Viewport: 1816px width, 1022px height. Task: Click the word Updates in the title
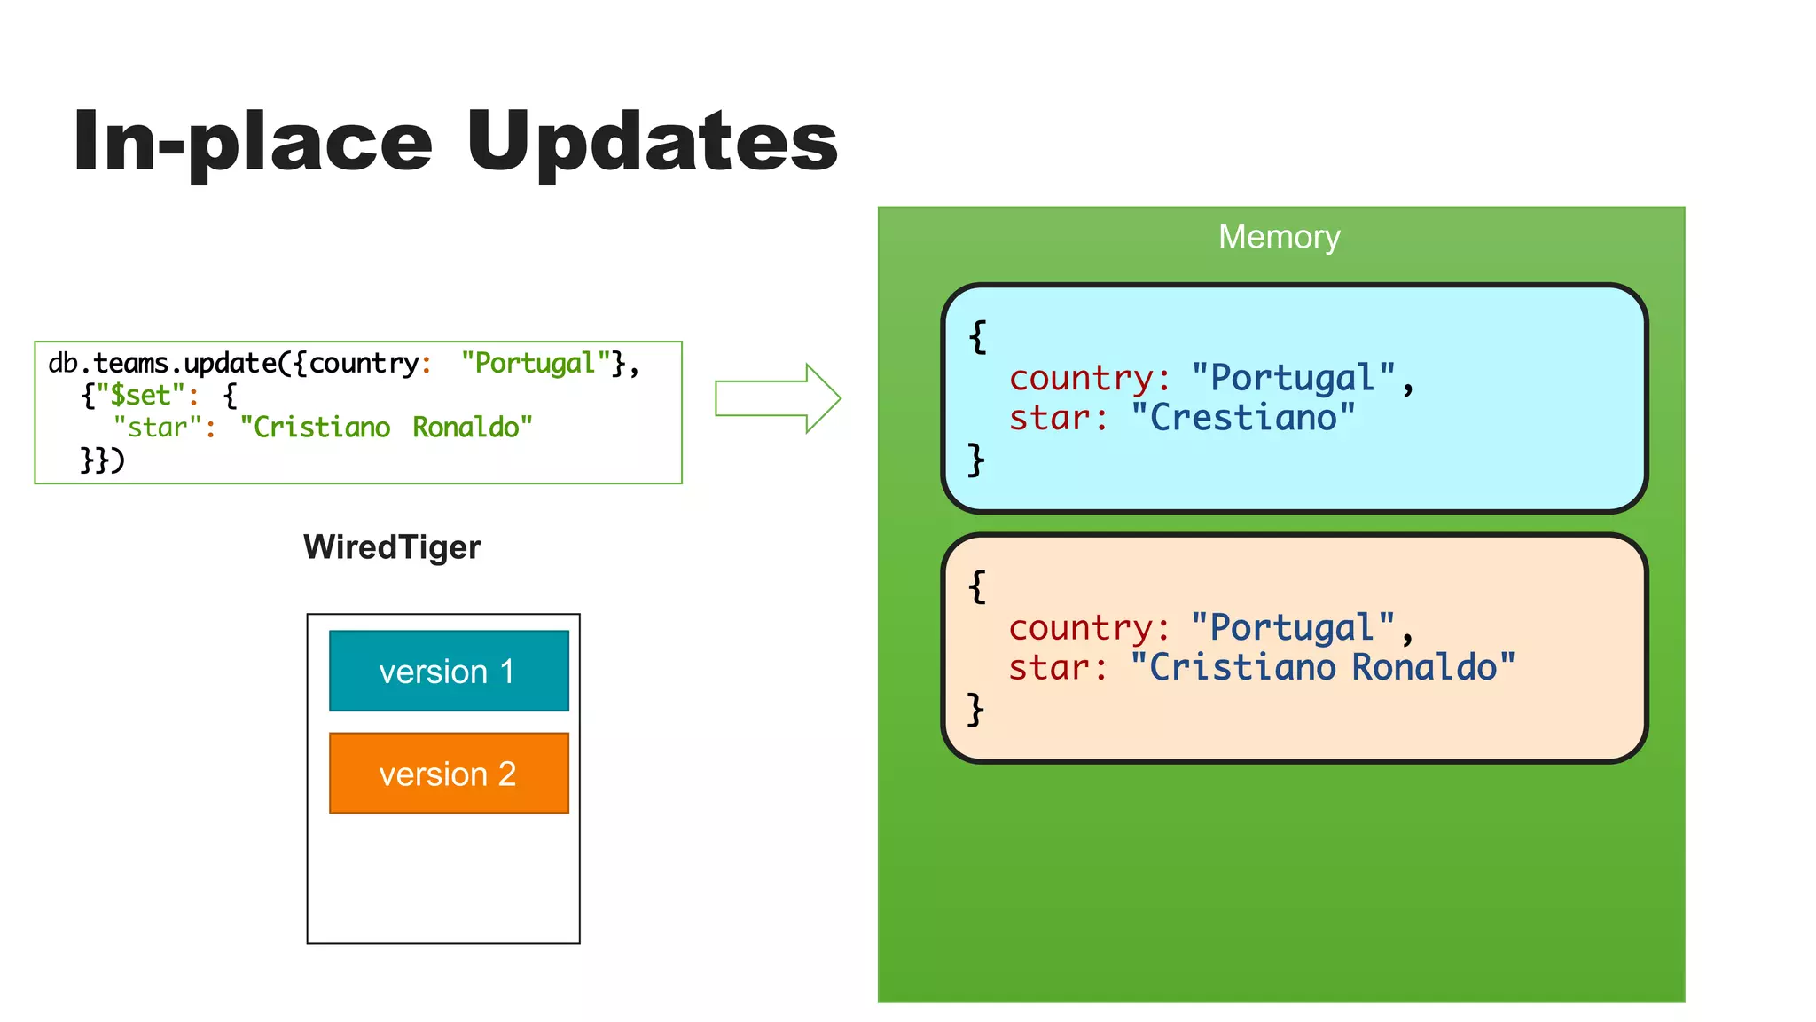pyautogui.click(x=652, y=142)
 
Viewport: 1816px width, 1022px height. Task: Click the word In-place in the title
pyautogui.click(x=253, y=142)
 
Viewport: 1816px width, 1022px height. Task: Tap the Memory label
pyautogui.click(x=1279, y=237)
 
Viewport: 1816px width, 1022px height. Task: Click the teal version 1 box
pyautogui.click(x=449, y=671)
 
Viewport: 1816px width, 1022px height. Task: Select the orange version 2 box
pyautogui.click(x=449, y=773)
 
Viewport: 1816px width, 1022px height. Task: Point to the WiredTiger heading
pyautogui.click(x=392, y=546)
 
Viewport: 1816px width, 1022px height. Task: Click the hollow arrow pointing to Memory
pyautogui.click(x=777, y=398)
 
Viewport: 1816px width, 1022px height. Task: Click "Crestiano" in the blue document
pyautogui.click(x=1243, y=418)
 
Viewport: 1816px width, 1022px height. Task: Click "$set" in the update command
pyautogui.click(x=140, y=395)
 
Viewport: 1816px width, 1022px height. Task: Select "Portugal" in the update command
pyautogui.click(x=535, y=363)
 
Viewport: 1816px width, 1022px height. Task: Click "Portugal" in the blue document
pyautogui.click(x=1292, y=378)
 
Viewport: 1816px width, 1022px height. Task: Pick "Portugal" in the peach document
pyautogui.click(x=1292, y=628)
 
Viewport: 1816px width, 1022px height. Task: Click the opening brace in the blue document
pyautogui.click(x=977, y=336)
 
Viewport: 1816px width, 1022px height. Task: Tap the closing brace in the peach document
pyautogui.click(x=975, y=709)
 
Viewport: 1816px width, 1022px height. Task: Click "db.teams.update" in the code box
pyautogui.click(x=162, y=363)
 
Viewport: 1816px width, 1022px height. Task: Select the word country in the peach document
pyautogui.click(x=1082, y=628)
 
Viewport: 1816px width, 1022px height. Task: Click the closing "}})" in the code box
pyautogui.click(x=102, y=460)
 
